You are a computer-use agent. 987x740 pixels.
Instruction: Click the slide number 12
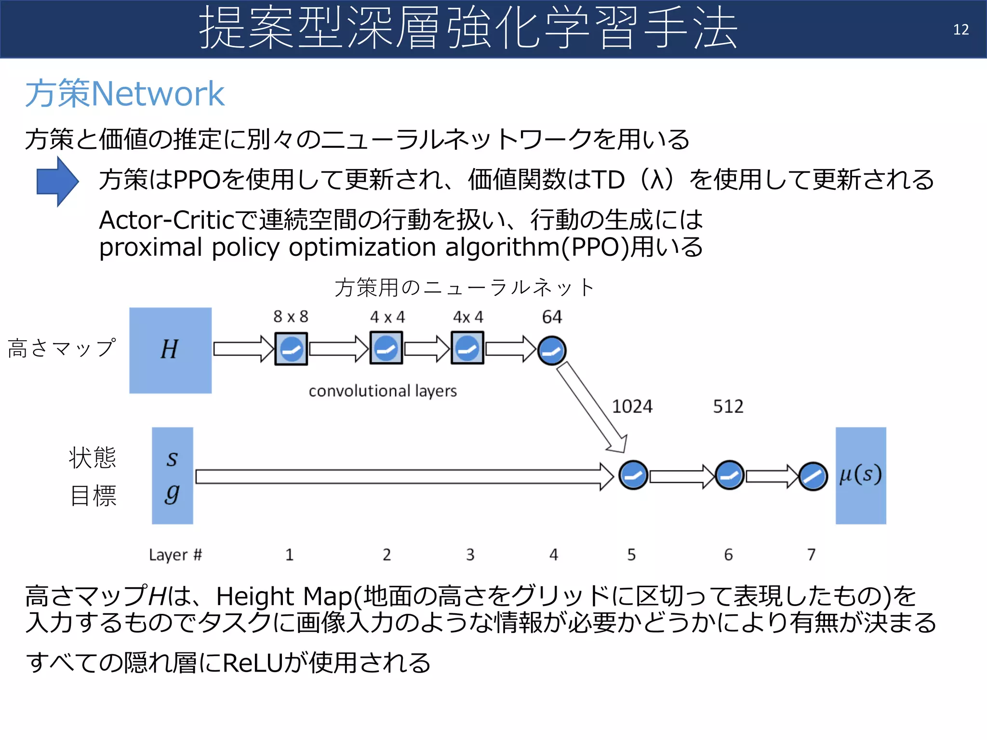960,30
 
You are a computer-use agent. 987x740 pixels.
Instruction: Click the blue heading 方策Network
124,93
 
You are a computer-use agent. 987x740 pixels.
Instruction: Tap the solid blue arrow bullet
57,182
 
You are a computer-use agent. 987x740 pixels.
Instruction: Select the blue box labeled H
170,350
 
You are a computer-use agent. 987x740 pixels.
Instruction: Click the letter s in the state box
172,458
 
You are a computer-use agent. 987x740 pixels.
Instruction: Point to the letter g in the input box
172,493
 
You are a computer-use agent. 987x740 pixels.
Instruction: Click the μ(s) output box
861,476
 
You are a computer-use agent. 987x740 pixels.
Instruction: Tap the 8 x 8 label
291,317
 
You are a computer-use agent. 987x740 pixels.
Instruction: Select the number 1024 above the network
632,407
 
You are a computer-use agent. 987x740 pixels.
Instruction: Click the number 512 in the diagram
728,407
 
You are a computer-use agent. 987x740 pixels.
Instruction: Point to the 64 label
552,317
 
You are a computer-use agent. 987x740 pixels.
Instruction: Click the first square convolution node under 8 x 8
291,349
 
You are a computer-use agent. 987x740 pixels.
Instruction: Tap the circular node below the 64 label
552,351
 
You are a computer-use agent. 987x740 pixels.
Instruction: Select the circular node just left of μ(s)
813,476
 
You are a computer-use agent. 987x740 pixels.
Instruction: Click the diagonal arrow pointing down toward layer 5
591,407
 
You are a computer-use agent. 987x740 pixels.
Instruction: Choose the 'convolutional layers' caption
383,391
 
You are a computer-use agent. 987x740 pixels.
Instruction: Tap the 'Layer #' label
175,555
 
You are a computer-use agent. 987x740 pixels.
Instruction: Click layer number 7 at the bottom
812,555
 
